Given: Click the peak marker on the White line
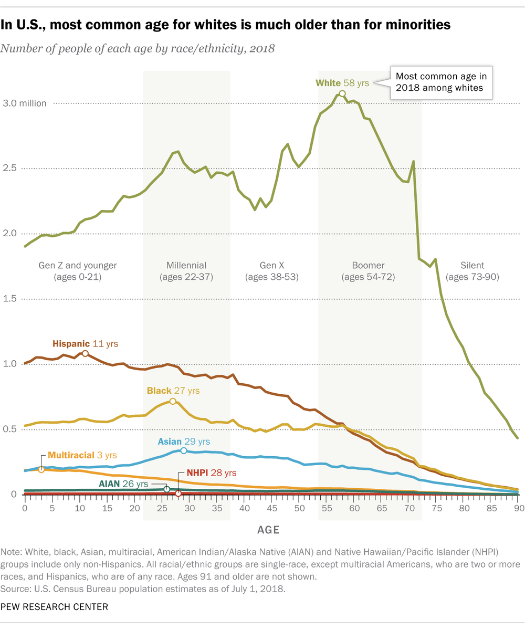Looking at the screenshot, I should (x=342, y=93).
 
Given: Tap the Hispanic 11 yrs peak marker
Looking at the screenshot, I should (x=85, y=354).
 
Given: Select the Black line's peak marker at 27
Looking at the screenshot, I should (x=173, y=401).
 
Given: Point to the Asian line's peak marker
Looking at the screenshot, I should (x=184, y=451).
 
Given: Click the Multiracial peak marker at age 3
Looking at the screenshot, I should (x=41, y=469).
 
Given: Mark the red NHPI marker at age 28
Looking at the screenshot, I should (x=178, y=493).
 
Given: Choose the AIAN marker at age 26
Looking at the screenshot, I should (x=167, y=489).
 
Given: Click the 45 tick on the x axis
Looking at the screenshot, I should (x=272, y=508).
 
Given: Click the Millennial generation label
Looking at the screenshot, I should (x=186, y=265).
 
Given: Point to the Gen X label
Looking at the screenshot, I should (x=272, y=265).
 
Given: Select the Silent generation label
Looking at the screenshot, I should (x=470, y=265).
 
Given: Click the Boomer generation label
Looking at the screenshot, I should (x=368, y=265).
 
